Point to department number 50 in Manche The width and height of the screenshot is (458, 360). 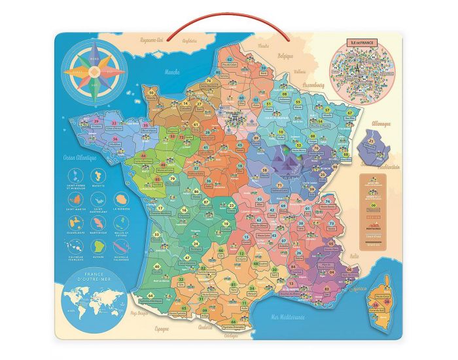(152, 93)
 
